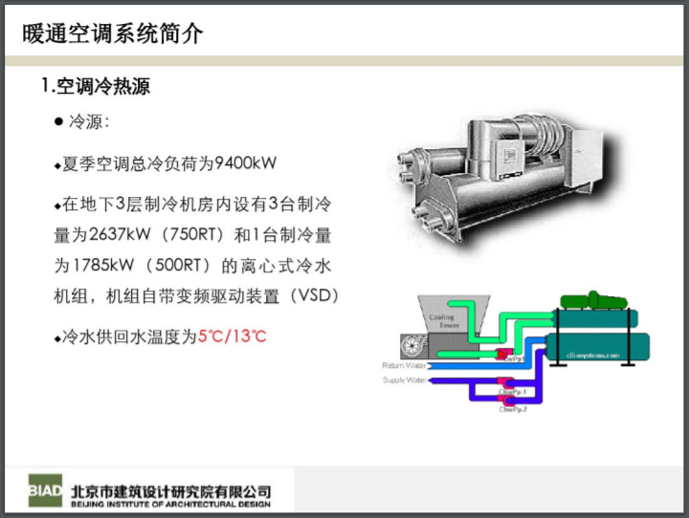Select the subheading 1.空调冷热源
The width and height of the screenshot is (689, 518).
96,87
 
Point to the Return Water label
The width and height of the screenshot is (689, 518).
403,365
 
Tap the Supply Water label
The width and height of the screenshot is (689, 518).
404,379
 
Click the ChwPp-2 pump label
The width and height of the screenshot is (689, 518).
513,409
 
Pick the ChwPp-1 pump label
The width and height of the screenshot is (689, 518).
513,391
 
